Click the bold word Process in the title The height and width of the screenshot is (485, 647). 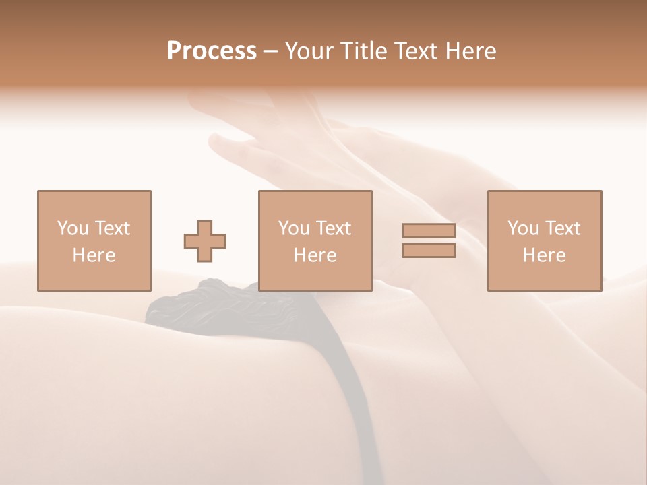tap(212, 51)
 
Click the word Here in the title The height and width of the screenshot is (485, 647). tap(471, 51)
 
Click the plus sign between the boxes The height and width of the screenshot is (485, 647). tap(205, 241)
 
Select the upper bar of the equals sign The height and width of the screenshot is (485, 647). tap(429, 230)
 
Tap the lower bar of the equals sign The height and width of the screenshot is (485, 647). tap(429, 251)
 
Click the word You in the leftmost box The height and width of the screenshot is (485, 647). tap(72, 228)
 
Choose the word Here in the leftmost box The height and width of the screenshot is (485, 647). tap(94, 255)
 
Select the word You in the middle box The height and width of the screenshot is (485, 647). tap(293, 228)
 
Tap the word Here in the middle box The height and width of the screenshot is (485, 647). tap(315, 255)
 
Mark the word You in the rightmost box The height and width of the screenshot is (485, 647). tap(522, 228)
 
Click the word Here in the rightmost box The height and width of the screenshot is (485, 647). tap(544, 255)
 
